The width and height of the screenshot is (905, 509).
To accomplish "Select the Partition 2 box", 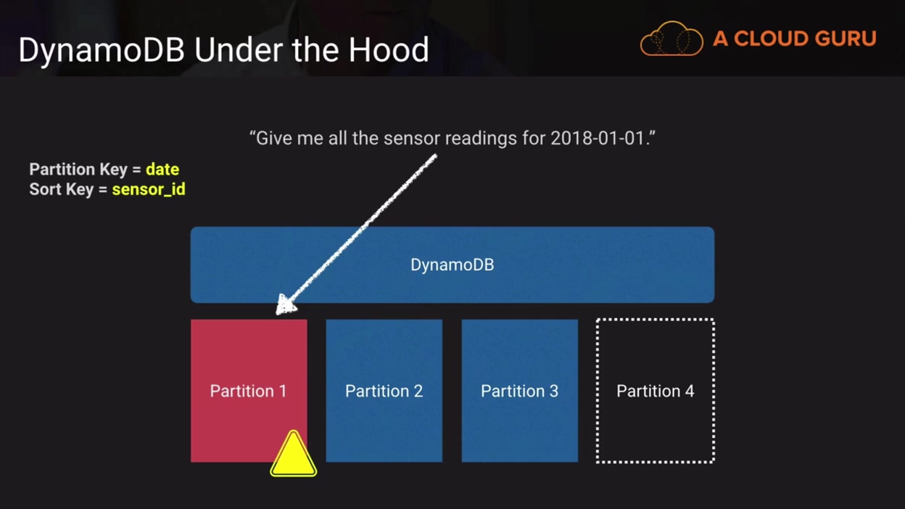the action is click(x=384, y=391).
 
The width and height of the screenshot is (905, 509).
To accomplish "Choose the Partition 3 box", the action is click(x=519, y=391).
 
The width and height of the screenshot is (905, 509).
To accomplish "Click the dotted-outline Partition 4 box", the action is click(x=655, y=391).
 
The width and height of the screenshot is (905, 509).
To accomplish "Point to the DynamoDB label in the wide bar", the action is click(x=452, y=265).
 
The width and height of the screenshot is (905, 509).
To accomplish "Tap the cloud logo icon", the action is click(x=671, y=39).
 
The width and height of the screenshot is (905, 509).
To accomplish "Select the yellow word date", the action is click(x=162, y=170).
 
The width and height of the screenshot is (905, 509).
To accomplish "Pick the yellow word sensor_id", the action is click(x=149, y=190).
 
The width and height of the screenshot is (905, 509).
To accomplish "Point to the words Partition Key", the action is click(x=79, y=170).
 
